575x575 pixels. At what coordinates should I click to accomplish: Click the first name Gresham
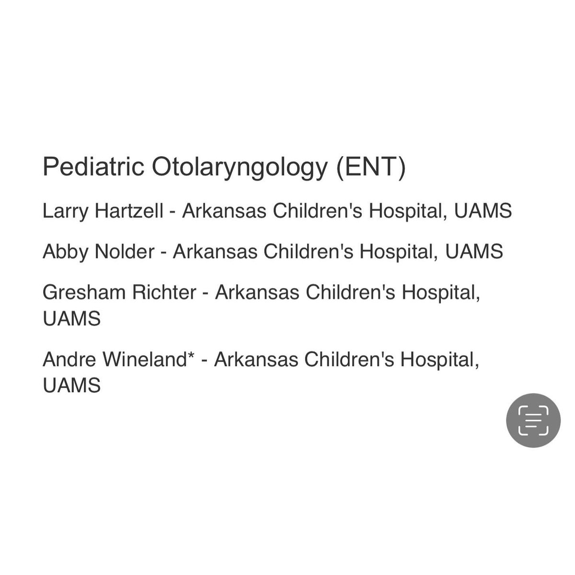(77, 292)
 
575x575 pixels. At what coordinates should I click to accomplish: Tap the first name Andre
(62, 359)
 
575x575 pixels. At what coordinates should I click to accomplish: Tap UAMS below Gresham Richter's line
(72, 319)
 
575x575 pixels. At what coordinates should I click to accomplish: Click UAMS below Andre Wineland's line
(72, 386)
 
